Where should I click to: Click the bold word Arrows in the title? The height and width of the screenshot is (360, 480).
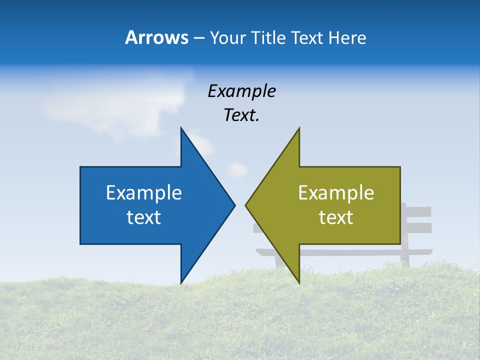click(x=156, y=37)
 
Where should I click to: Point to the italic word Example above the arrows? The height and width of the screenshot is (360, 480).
click(x=241, y=91)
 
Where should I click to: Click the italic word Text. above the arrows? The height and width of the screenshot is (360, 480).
click(x=241, y=115)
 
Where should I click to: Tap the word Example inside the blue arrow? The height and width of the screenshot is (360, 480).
click(x=144, y=193)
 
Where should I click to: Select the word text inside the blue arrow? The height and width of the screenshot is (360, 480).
click(x=144, y=217)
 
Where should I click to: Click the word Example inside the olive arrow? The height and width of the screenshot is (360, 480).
click(x=336, y=193)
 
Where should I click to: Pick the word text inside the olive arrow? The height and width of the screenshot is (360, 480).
click(x=336, y=217)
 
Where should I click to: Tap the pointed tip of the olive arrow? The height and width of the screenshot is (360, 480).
click(x=246, y=205)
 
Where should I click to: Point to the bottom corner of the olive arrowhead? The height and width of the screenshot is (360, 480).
click(x=299, y=282)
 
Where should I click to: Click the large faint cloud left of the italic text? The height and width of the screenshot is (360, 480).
click(x=115, y=100)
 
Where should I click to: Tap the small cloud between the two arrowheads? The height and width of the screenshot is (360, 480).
click(x=238, y=169)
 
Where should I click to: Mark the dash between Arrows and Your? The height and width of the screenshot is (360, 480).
click(x=198, y=38)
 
